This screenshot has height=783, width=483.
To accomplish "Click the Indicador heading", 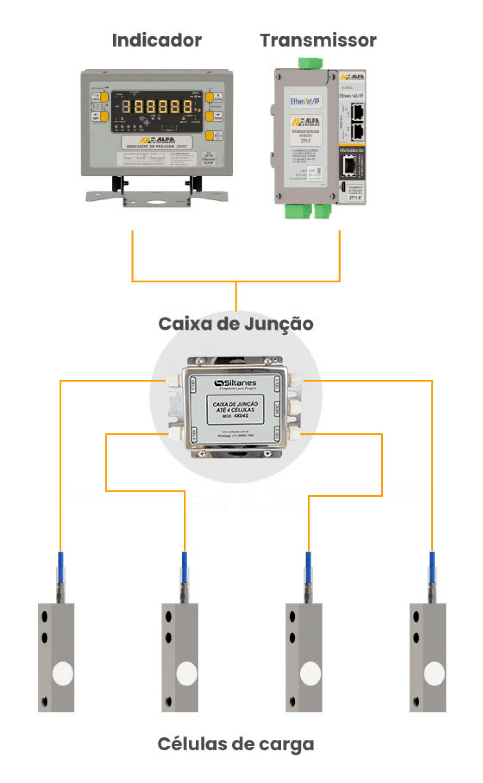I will click(157, 40).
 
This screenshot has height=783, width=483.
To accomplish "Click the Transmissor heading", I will click(318, 40).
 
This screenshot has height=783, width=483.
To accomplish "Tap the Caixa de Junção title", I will click(236, 324).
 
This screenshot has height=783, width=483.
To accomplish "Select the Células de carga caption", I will click(236, 744).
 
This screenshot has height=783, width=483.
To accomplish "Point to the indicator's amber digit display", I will click(157, 107).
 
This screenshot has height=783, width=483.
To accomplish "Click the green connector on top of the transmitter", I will click(310, 63).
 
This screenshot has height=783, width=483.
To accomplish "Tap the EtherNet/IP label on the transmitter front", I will click(305, 101).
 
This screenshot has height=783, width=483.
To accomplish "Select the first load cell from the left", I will click(56, 658).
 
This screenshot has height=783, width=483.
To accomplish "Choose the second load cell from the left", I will click(180, 658).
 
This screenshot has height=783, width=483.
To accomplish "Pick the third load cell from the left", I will click(304, 658).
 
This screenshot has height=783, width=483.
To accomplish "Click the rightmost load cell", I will click(428, 658).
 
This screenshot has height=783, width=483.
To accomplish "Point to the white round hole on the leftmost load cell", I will click(63, 674).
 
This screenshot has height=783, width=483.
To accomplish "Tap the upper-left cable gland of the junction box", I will click(174, 381).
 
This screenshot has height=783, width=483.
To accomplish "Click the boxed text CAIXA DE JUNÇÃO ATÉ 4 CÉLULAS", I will click(235, 409).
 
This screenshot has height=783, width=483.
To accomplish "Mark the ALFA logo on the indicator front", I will click(157, 141).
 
